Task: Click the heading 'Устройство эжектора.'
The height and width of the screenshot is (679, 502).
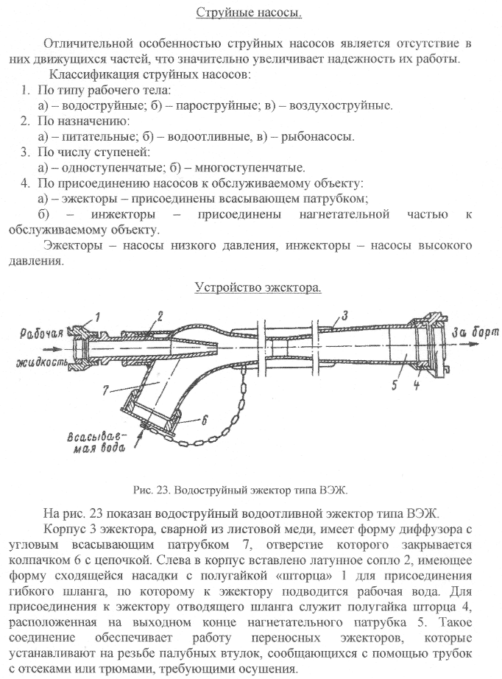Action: (x=257, y=287)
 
